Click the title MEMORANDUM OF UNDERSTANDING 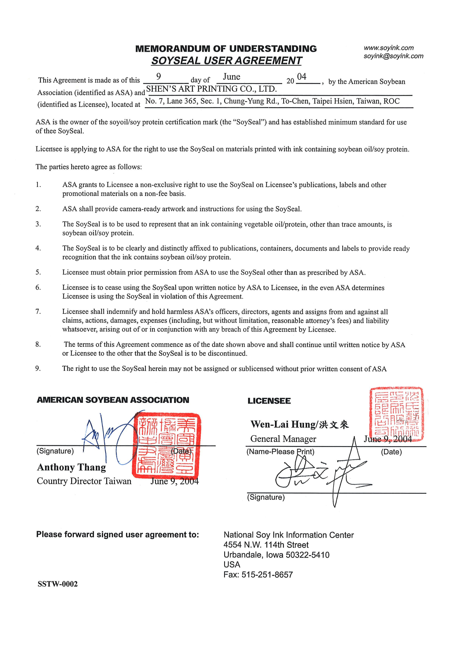pos(226,49)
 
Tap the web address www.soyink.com pos(388,48)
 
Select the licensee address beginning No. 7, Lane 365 pos(272,101)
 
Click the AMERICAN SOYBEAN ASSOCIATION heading pos(113,400)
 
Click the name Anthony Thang pos(71,467)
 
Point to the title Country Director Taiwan pos(84,481)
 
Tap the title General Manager pos(283,439)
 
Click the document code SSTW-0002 pos(57,584)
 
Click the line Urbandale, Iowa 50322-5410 pos(276,555)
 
